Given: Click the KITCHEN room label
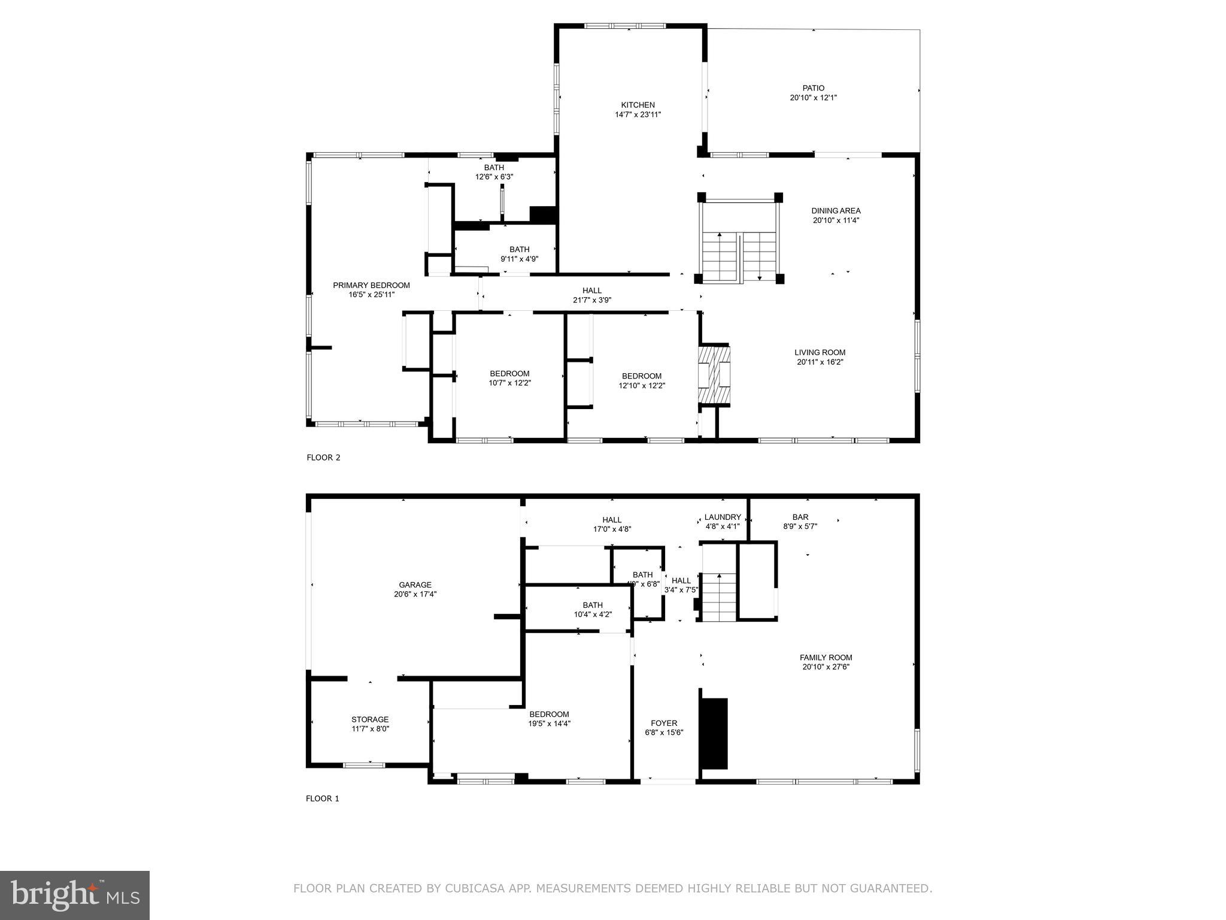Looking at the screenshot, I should coord(638,105).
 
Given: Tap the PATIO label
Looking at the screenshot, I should coord(813,88).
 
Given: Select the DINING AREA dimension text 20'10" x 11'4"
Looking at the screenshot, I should coord(836,220).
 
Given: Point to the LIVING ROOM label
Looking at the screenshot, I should coord(820,353).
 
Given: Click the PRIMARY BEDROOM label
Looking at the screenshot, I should coord(371,285).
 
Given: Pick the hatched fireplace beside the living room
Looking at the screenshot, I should coord(714,376).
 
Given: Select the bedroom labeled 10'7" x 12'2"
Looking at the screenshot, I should coord(509,378).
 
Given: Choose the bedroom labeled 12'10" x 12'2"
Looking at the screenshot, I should coord(641,380).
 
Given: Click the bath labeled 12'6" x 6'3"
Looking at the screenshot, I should coord(494,172).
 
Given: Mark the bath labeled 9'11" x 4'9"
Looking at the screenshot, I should coord(519,254).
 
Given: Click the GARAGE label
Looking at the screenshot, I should coord(415,585).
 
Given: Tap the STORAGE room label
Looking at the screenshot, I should coord(370,719).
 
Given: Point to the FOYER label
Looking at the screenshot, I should coord(664,723).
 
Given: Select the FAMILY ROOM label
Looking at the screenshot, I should coord(826,658).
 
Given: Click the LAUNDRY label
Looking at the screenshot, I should coord(723,517).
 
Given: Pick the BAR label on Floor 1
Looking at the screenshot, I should coord(800,517).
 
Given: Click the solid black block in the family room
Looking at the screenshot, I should coord(714,733).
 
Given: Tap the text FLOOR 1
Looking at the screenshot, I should coord(322,798).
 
